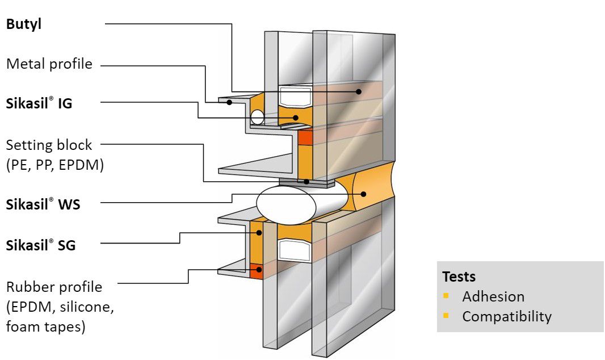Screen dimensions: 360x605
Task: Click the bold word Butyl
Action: coord(24,25)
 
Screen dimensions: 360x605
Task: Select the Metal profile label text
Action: coord(49,64)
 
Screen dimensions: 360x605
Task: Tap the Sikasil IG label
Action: coord(39,104)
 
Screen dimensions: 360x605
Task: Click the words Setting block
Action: coord(49,145)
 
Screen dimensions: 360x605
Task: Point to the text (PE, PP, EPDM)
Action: coord(55,166)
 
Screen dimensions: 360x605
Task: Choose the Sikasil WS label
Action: coord(43,205)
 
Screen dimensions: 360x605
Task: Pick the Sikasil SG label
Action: coord(40,246)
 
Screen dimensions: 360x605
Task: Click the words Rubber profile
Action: coord(54,287)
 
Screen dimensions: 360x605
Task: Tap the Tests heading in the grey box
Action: coord(459,277)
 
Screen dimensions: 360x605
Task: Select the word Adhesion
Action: coord(493,296)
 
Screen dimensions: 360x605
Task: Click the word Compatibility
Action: coord(506,316)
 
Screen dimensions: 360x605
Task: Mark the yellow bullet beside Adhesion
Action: coord(446,296)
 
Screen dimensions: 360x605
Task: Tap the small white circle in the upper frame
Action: coord(257,118)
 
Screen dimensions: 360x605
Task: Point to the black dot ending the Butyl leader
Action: coord(359,91)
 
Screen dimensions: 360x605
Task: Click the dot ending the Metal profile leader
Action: coord(229,102)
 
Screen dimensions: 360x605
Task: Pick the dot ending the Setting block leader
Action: coord(307,182)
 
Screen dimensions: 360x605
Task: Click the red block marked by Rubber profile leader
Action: coord(258,270)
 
